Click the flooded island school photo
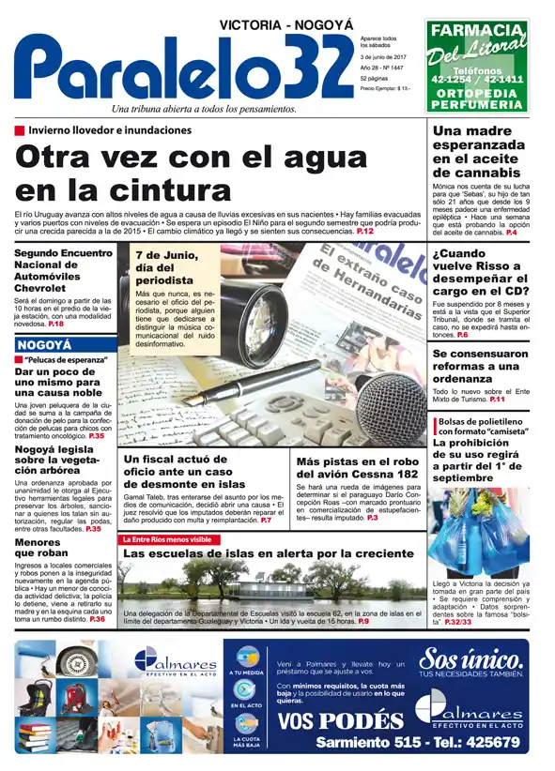(272, 586)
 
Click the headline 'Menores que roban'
(38, 548)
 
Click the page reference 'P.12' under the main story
(366, 231)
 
